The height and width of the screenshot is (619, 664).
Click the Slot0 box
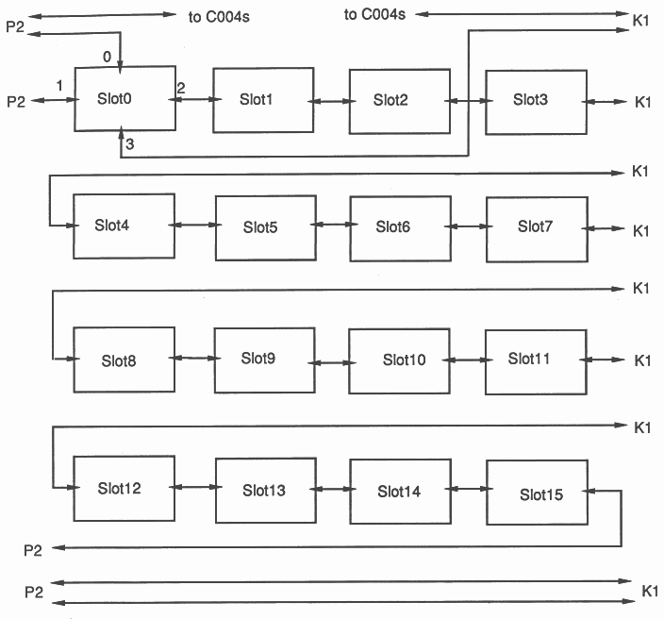[124, 98]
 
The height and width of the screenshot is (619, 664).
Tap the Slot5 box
[264, 227]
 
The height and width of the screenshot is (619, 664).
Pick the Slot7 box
[535, 227]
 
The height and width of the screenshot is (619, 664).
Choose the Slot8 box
[124, 360]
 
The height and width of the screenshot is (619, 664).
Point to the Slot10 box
[399, 360]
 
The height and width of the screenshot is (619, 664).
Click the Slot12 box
[123, 489]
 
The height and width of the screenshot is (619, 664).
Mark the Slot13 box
[264, 490]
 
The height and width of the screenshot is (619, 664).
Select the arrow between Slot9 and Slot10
[331, 360]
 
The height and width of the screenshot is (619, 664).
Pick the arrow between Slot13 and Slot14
[331, 490]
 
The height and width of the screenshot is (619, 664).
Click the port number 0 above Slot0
[107, 57]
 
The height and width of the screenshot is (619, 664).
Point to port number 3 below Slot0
[129, 142]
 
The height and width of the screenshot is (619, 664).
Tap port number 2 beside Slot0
[180, 87]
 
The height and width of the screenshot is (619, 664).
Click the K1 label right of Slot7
[642, 230]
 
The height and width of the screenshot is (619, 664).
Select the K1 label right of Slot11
[642, 360]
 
